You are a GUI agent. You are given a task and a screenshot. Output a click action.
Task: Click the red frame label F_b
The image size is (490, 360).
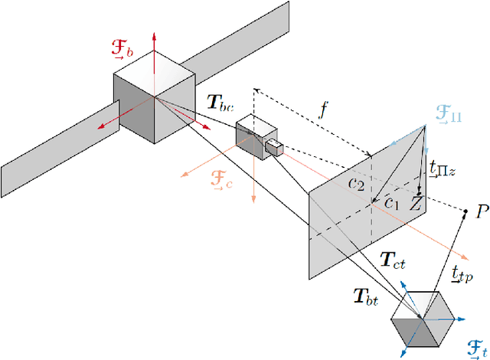[x=123, y=52]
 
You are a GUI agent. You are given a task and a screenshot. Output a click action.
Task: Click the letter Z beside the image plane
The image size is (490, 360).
[x=416, y=204]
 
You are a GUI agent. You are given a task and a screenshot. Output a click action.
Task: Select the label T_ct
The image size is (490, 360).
[x=392, y=261]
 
